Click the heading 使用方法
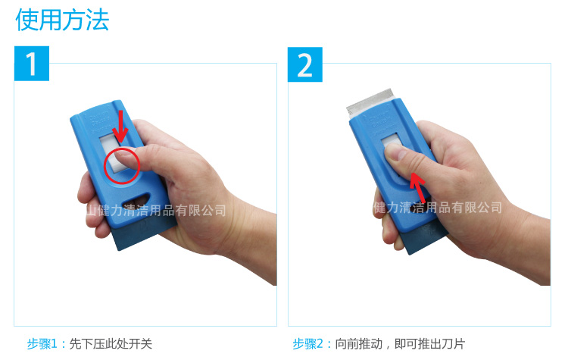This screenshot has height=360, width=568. pos(62,20)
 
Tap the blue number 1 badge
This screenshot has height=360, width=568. pos(32,64)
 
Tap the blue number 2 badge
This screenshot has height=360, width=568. pos(305,64)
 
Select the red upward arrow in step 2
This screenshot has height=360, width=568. pos(417,188)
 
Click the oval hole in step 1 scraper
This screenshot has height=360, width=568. pos(136,199)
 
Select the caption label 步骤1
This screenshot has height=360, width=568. pos(42,343)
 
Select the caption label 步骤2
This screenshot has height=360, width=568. pos(307,343)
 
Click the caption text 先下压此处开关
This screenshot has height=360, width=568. pos(111,343)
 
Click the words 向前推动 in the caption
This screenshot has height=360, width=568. pos(359,343)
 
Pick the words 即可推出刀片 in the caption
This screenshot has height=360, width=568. pos(429,343)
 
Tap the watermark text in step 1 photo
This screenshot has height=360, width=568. pos(156,210)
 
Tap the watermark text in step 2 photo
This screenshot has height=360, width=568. pos(438,208)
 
